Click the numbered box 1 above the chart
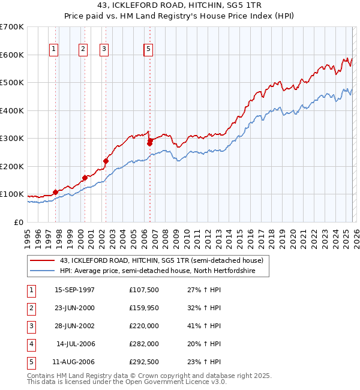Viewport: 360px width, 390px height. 54,49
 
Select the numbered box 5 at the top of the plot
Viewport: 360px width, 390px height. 148,49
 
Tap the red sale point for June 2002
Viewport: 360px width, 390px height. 106,161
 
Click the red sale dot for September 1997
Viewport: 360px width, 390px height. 55,192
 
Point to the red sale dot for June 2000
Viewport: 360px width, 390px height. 85,178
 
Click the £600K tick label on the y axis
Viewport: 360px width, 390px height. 11,55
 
